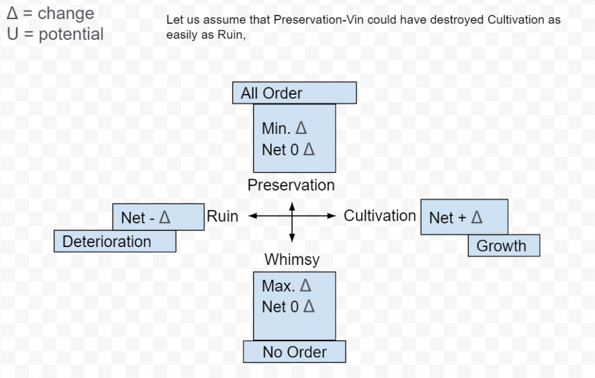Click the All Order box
coord(295,93)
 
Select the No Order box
coord(295,352)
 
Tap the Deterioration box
coord(115,241)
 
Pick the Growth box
coord(504,245)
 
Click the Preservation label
coord(291,185)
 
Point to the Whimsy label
coord(292,260)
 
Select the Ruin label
coord(223,216)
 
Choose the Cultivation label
coord(380,215)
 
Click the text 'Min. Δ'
coord(284,128)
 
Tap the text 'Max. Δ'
coord(287,286)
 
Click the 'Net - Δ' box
coord(158,217)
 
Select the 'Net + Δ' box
coord(465,217)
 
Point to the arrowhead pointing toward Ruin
coord(252,216)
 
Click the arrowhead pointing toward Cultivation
coord(331,216)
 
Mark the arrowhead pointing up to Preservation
coord(292,207)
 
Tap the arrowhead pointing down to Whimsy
coord(292,238)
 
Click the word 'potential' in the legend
coord(71,35)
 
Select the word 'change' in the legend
coord(65,13)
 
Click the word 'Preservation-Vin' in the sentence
coord(318,20)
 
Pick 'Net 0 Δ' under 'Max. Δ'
coord(289,307)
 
